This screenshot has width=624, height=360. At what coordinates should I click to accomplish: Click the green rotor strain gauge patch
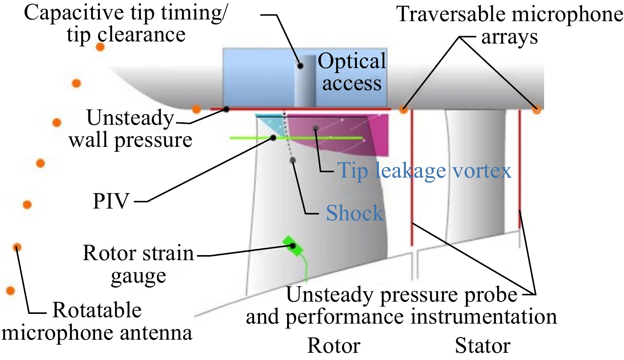[293, 246]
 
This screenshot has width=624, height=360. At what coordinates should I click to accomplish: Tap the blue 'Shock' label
[355, 213]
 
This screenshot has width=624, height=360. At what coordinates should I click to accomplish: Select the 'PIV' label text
[111, 201]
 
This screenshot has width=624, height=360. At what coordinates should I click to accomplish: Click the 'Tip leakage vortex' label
[424, 170]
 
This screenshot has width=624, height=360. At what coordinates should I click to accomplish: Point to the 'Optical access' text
[352, 71]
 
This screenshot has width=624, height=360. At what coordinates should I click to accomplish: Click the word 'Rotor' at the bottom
[334, 346]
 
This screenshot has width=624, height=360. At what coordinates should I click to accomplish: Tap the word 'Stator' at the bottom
[482, 346]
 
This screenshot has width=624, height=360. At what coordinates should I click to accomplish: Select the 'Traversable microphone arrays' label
[509, 25]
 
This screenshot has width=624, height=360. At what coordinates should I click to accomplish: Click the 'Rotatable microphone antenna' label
[97, 322]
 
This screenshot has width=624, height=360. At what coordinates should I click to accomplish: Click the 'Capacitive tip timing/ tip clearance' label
[126, 23]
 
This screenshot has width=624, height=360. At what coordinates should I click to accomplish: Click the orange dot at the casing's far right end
[536, 109]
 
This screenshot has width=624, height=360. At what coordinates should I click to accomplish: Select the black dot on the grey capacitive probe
[300, 66]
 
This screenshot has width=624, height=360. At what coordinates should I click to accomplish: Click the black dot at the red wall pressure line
[227, 109]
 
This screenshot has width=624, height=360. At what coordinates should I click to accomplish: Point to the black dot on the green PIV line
[273, 138]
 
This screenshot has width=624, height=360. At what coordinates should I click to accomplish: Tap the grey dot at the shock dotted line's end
[293, 160]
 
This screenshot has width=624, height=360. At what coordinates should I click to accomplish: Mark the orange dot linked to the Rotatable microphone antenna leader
[17, 247]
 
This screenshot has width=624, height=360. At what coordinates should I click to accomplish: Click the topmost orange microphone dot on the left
[100, 47]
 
